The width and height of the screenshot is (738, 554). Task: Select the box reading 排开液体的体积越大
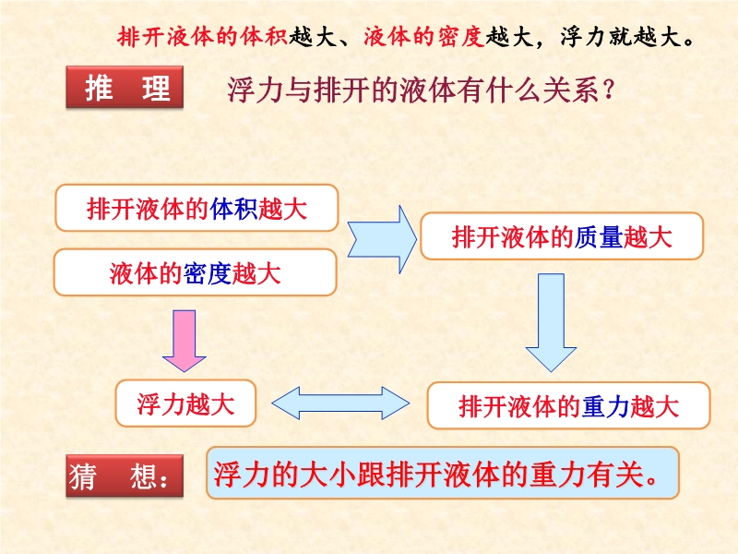coord(196,209)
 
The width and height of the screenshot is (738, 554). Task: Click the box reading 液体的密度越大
coord(196,273)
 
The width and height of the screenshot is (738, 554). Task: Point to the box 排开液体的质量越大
coord(561,237)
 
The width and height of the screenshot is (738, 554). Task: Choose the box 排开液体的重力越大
coord(568,406)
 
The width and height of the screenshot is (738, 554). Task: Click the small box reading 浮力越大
coord(185,404)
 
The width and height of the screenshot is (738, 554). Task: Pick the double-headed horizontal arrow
coord(340,403)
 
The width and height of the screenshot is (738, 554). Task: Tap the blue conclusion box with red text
coord(442,474)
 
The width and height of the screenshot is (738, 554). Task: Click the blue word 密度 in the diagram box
coord(208,273)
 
